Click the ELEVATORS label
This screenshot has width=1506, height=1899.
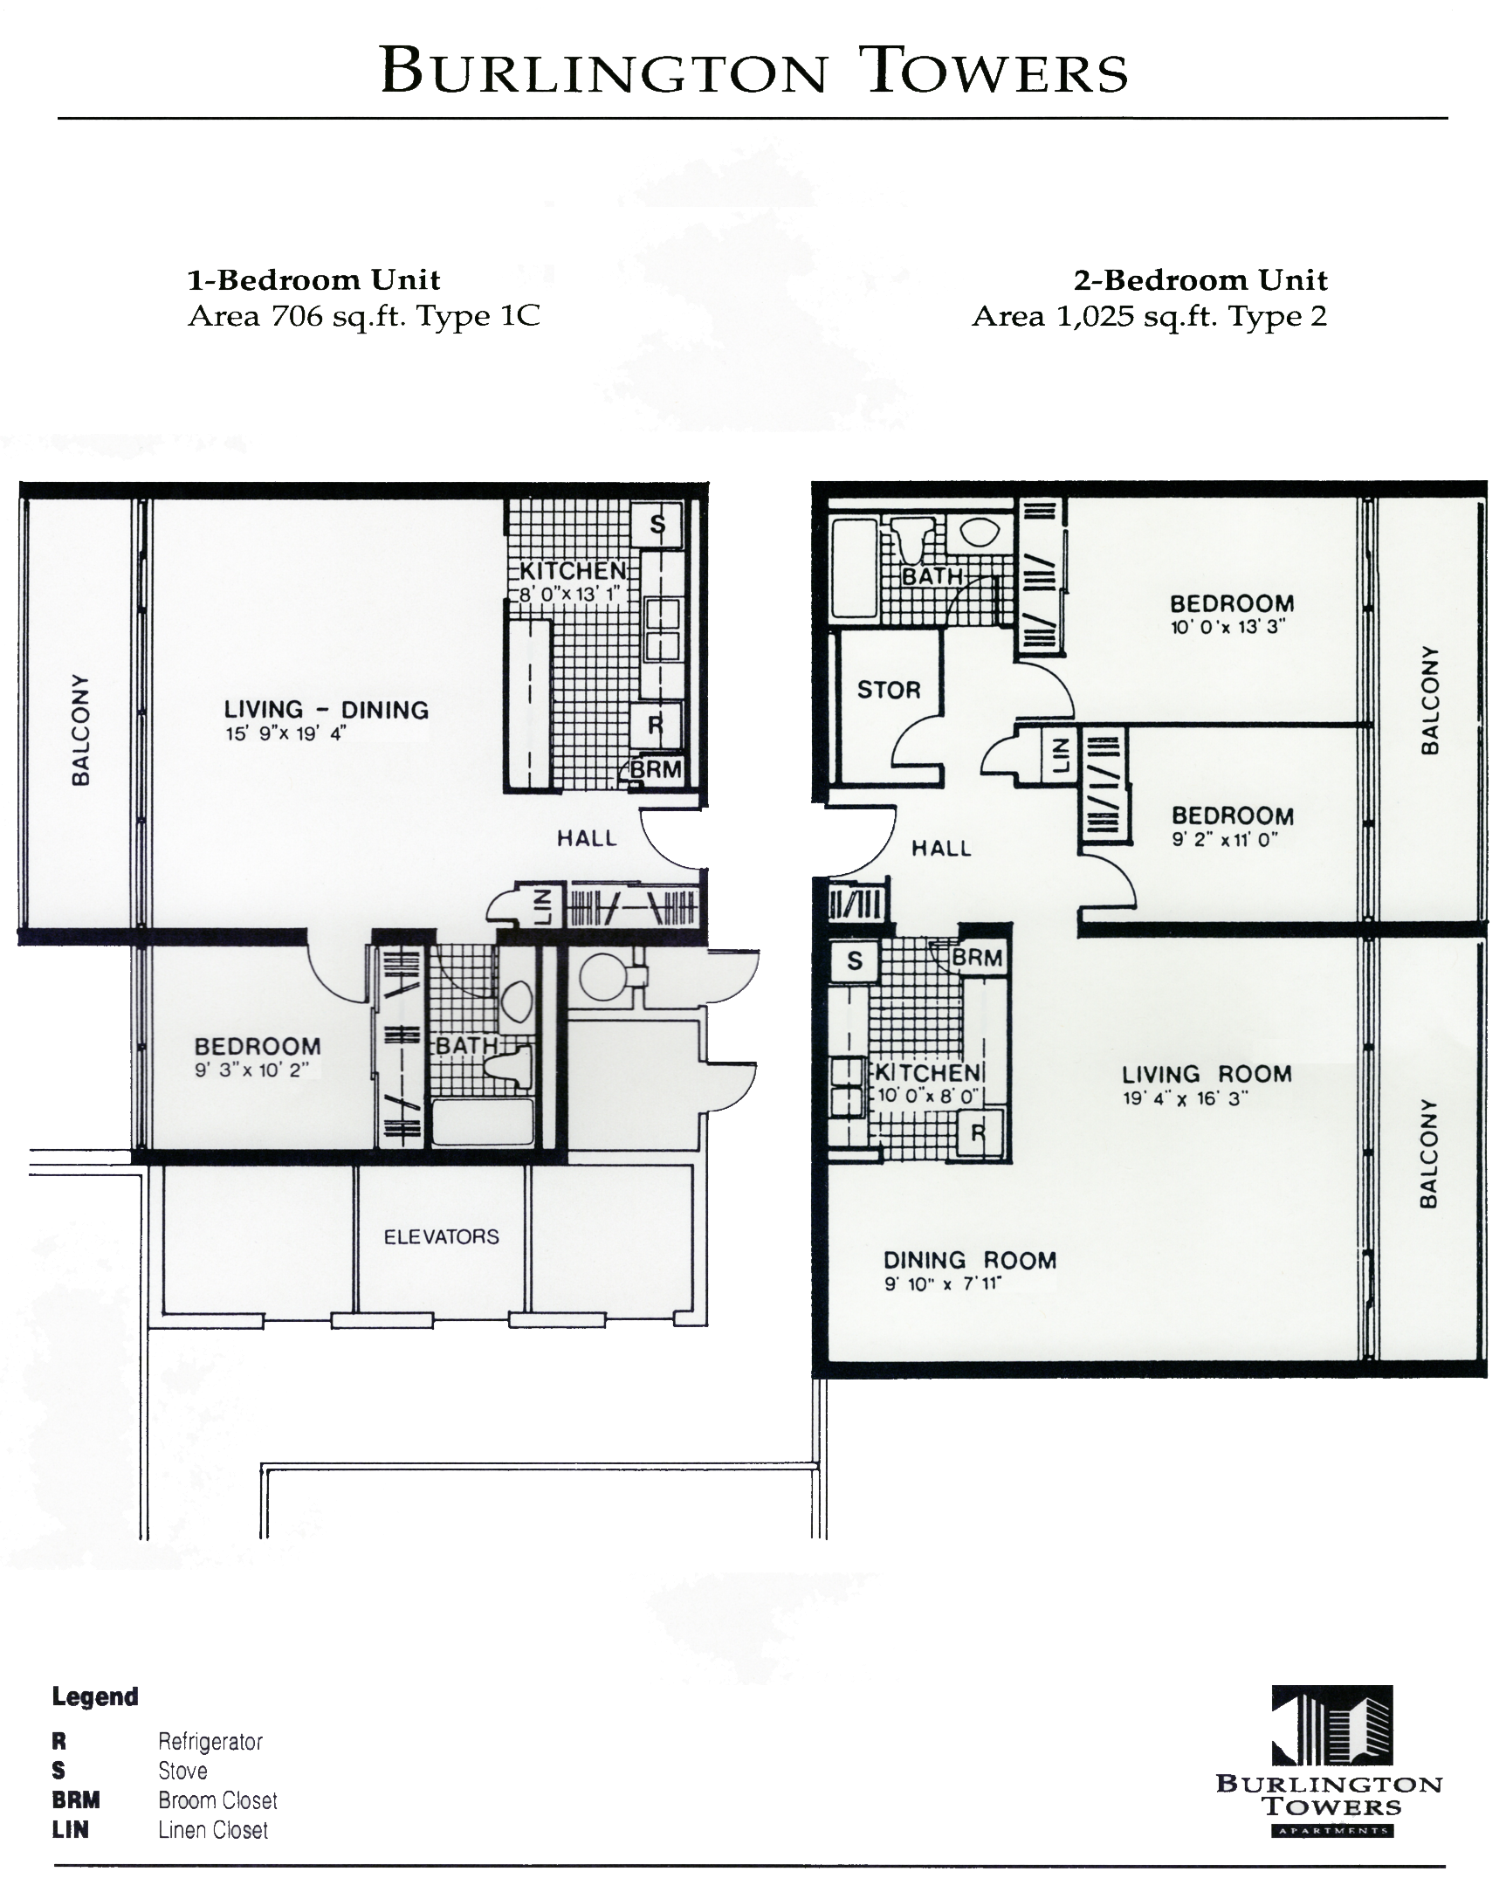[440, 1236]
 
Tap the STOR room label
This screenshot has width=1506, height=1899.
[888, 690]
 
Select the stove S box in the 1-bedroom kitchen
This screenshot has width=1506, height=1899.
[657, 525]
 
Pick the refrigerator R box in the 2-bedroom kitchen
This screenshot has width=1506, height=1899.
[978, 1133]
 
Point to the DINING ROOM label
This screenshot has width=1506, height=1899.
[969, 1261]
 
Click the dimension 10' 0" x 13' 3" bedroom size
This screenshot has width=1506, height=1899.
[1227, 627]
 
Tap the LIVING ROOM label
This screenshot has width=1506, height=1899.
[1206, 1075]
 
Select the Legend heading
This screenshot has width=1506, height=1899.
[95, 1696]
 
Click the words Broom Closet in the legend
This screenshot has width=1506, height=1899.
[217, 1800]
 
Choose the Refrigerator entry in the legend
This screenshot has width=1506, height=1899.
[210, 1741]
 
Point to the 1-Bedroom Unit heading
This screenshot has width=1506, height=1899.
[313, 280]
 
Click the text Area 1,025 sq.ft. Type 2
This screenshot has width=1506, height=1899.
[1148, 316]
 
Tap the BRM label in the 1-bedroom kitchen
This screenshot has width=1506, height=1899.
[657, 770]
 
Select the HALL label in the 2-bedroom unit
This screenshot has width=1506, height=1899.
[940, 848]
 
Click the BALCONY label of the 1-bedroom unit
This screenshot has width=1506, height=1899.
[80, 730]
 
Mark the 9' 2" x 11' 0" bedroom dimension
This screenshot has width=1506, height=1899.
[1223, 839]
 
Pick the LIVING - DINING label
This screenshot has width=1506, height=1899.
[326, 710]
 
